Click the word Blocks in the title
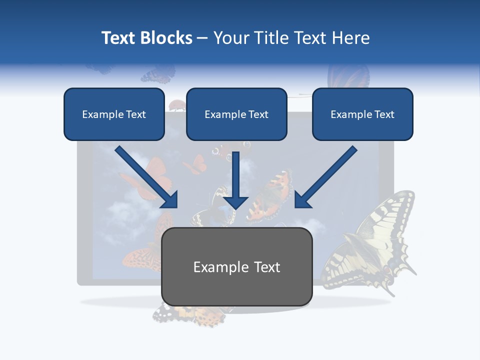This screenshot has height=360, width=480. [x=167, y=38]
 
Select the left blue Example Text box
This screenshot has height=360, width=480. [x=114, y=114]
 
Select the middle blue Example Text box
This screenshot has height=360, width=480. [x=236, y=114]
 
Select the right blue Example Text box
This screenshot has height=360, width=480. [x=362, y=114]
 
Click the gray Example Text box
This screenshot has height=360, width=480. [x=236, y=266]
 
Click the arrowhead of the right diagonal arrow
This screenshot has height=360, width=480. [x=301, y=201]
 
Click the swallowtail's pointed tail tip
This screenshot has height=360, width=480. [x=413, y=273]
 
